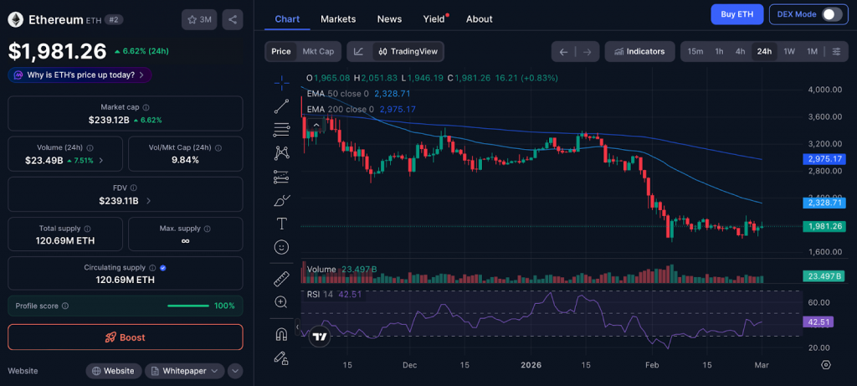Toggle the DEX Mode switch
tap(831, 14)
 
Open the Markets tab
tap(338, 18)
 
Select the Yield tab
tap(434, 18)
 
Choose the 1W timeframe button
tap(789, 51)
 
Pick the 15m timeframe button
tap(695, 51)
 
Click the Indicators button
tap(639, 51)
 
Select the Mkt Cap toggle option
tap(318, 51)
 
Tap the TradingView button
tap(408, 51)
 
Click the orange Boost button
tap(126, 337)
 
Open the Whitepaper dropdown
tap(185, 371)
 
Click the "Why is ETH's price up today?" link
tap(80, 75)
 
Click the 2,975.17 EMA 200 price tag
tap(824, 159)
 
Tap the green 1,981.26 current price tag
tap(824, 226)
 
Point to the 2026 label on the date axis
tap(531, 365)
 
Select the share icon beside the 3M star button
tap(233, 19)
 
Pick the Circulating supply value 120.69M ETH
tap(126, 280)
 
